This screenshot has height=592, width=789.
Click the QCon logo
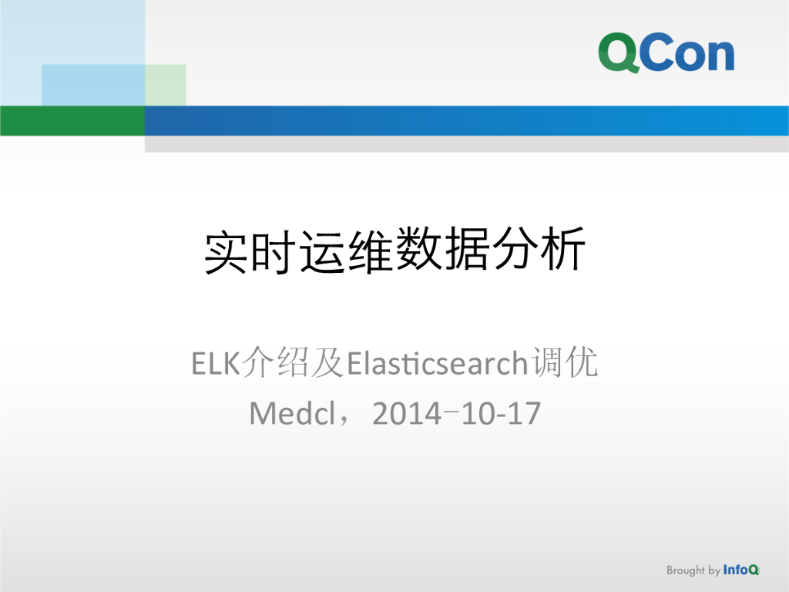click(x=666, y=52)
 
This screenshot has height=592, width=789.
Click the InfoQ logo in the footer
click(x=741, y=570)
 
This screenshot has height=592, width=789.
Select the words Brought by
click(x=693, y=571)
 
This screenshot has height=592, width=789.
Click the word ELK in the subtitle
click(x=216, y=363)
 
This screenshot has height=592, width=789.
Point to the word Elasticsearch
click(x=437, y=363)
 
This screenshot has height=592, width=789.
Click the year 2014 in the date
click(x=407, y=414)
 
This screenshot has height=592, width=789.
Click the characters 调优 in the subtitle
click(x=565, y=363)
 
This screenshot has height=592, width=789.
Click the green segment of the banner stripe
click(x=72, y=120)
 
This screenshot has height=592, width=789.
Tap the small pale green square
click(x=165, y=85)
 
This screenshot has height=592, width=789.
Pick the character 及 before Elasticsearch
click(x=327, y=363)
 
